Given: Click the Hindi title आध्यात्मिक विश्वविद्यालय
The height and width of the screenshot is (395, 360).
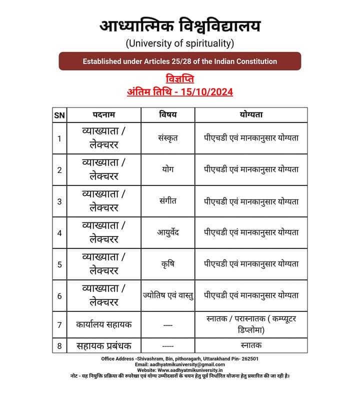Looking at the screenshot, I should (179, 25).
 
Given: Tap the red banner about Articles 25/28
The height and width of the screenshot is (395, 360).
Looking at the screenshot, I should (179, 61).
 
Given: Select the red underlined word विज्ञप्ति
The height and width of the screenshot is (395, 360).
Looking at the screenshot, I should (179, 79).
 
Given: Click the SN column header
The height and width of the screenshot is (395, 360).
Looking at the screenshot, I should (59, 114).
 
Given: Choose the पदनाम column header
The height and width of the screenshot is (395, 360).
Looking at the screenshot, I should (103, 114).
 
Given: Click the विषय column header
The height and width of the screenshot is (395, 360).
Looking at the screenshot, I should (168, 114).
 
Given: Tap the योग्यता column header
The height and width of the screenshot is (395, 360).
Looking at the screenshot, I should (251, 114).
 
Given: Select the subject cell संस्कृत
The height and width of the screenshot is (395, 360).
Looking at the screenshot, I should (168, 138).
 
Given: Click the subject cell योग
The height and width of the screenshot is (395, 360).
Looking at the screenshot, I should (168, 169).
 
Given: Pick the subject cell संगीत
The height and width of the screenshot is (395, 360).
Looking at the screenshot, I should (168, 201).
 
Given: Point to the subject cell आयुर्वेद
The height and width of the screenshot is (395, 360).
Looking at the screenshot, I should (168, 232).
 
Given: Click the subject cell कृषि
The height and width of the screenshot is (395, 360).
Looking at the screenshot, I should (168, 264).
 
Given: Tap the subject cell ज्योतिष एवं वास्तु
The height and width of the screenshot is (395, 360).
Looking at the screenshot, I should (168, 295).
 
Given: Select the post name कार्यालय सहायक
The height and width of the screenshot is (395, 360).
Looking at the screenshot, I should (104, 324).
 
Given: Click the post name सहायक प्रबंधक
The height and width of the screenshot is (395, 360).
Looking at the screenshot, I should (104, 345).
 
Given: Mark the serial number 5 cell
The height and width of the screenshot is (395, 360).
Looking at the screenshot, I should (59, 264).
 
